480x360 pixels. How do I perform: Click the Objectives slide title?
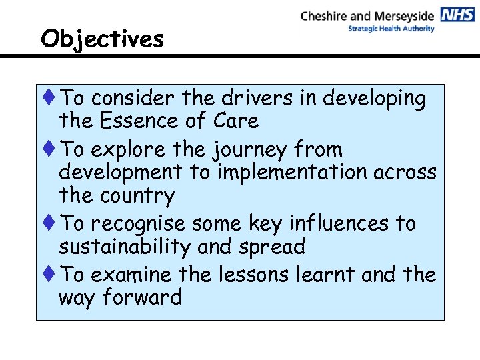click(102, 39)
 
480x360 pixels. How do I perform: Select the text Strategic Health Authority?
click(391, 29)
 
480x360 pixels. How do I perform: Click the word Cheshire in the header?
click(325, 15)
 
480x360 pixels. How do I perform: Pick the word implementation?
click(294, 172)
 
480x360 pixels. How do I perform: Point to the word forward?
click(142, 297)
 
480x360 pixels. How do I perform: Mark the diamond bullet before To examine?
click(51, 275)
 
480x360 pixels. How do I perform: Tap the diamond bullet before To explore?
click(51, 149)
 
